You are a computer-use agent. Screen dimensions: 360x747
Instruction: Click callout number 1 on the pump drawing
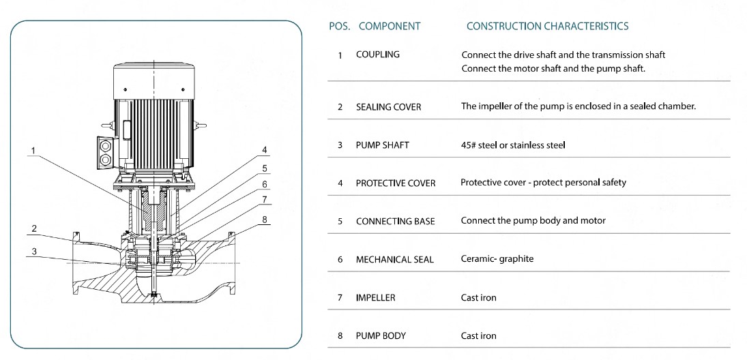(33, 151)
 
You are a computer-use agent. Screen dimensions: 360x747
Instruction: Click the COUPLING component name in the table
(378, 55)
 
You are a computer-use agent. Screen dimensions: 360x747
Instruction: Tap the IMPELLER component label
(375, 298)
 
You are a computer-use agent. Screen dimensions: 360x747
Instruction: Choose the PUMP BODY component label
(380, 335)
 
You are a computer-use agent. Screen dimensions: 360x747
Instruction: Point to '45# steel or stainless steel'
(513, 145)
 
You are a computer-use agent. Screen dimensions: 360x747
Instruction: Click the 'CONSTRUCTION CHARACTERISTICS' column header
(547, 27)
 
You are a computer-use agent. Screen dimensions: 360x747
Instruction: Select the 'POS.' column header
(340, 27)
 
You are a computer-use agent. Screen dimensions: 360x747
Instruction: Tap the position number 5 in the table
(340, 222)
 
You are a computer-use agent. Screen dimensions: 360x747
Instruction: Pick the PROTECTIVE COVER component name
(396, 183)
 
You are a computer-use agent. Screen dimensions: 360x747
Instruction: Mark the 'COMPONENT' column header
(390, 27)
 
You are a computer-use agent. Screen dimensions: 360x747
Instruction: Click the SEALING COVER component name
(388, 107)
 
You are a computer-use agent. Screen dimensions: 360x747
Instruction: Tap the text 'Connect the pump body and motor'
(533, 221)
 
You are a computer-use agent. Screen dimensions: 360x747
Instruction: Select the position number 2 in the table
(340, 108)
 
